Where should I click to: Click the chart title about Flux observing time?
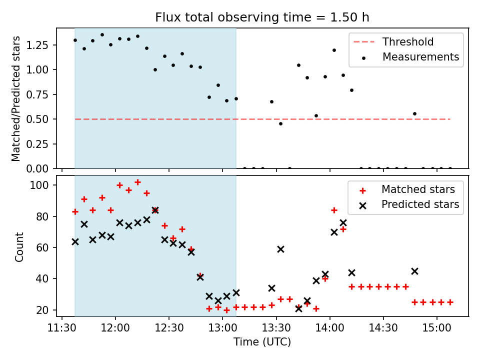click(x=262, y=17)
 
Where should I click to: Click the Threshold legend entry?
click(x=408, y=42)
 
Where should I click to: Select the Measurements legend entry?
click(x=420, y=57)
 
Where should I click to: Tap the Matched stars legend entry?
click(x=418, y=189)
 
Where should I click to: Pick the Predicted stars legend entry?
click(x=420, y=204)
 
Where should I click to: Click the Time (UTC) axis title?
click(x=262, y=342)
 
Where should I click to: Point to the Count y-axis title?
click(x=19, y=246)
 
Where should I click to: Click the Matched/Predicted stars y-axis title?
click(x=16, y=98)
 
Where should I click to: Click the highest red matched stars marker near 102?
click(x=137, y=182)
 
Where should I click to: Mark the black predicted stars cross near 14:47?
click(x=414, y=271)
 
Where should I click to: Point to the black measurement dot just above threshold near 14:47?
click(x=414, y=113)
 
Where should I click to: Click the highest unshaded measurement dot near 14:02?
click(x=334, y=50)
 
